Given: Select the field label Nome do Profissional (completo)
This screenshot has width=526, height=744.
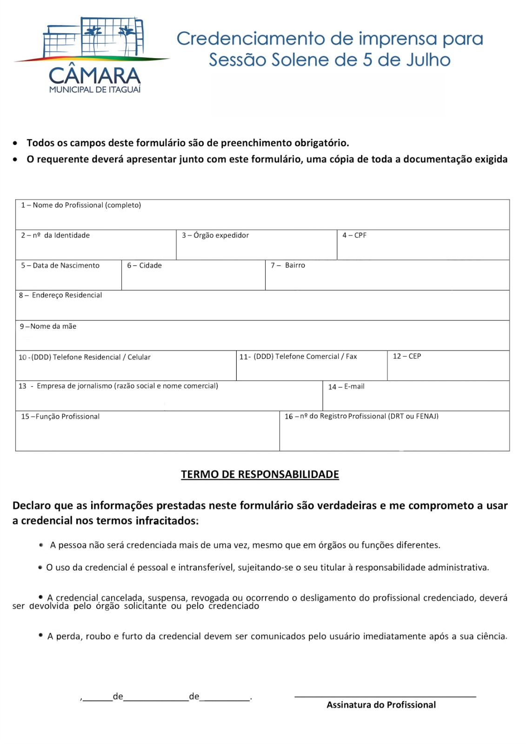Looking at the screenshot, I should [81, 205].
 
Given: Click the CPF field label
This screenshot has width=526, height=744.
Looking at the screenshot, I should [354, 235].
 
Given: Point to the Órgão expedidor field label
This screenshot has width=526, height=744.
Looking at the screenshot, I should [215, 235].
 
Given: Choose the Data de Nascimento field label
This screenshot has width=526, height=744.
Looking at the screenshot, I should [60, 266].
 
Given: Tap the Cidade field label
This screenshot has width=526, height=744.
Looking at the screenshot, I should [145, 266].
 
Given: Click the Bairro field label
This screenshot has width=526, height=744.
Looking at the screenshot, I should [288, 265].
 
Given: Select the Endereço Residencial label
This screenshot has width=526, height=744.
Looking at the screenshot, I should [60, 295].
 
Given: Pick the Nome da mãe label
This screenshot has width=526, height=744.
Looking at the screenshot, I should [48, 326].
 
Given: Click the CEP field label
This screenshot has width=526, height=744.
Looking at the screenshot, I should [407, 356].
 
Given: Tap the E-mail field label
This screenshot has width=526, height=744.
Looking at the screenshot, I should [346, 386].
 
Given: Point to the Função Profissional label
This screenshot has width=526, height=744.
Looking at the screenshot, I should [60, 417].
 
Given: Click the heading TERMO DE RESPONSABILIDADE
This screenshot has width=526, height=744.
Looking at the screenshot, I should [260, 474].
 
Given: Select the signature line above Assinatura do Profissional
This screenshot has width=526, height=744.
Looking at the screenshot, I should [385, 696].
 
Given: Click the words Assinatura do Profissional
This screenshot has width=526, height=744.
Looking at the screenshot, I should [381, 705].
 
